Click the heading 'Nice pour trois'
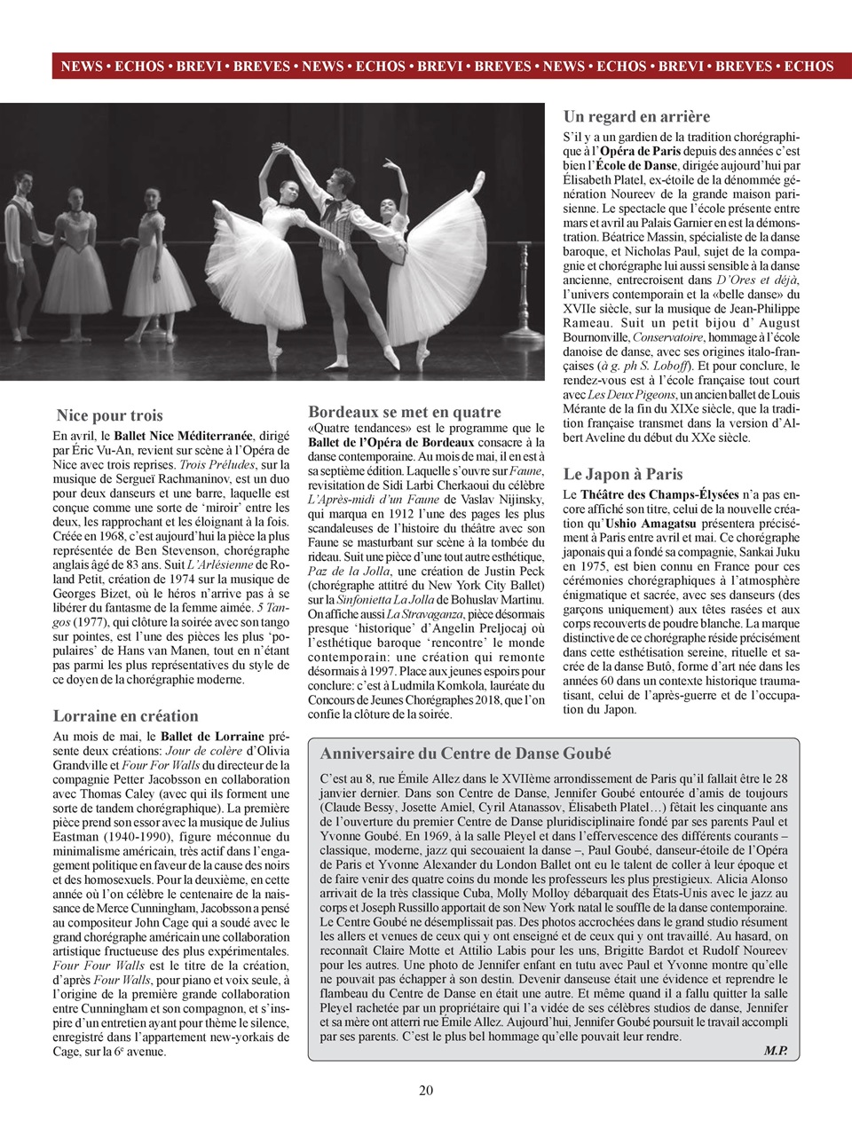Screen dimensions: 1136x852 109,415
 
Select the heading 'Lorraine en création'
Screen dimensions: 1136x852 125,715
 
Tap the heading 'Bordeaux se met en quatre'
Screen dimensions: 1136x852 404,412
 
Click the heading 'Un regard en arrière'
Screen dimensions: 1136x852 636,116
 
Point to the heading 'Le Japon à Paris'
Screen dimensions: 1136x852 623,474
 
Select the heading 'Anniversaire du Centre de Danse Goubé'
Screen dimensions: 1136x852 465,753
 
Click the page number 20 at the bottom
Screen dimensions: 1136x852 426,1090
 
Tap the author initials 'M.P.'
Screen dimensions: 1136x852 775,1051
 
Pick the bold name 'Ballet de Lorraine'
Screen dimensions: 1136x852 212,736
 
